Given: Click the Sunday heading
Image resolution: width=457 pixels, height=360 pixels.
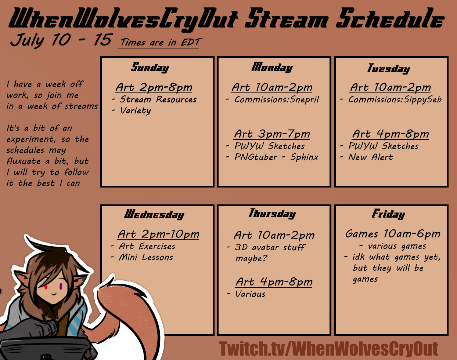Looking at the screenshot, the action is click(x=150, y=68).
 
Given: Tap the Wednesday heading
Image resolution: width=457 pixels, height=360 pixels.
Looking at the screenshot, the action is click(x=154, y=214).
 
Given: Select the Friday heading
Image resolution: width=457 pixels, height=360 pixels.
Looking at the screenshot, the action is click(x=388, y=214).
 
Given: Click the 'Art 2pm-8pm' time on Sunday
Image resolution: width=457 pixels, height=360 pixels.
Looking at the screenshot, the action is click(x=154, y=87).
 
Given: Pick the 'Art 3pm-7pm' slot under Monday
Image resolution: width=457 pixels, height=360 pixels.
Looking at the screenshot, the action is click(x=272, y=134).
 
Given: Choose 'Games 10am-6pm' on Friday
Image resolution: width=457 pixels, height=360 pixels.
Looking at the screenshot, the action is click(x=392, y=234).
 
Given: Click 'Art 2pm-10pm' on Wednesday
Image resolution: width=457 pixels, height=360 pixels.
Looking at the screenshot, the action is click(x=158, y=234).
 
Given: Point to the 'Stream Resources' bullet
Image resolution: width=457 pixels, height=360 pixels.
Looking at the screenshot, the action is click(x=158, y=99).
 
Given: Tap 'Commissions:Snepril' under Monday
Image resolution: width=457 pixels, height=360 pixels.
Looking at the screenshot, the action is click(x=277, y=100).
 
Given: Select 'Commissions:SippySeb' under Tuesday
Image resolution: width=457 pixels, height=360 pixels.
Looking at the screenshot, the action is click(x=395, y=100).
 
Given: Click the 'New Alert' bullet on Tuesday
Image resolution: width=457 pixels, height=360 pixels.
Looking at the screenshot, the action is click(x=371, y=157).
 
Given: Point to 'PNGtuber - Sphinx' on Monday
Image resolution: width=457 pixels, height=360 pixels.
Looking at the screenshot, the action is click(x=276, y=157).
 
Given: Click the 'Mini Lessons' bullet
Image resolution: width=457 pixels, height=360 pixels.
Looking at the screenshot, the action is click(x=146, y=257).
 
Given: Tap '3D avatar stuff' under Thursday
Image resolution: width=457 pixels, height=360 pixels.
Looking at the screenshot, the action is click(x=270, y=247).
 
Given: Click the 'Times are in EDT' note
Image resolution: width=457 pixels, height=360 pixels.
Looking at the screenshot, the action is click(x=159, y=42).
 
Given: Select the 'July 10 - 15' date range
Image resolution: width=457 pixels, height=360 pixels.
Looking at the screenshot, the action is click(x=61, y=40).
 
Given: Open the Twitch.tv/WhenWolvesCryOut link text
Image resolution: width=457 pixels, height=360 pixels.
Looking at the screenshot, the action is click(x=328, y=349).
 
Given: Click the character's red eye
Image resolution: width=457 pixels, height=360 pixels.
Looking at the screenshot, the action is click(x=46, y=287).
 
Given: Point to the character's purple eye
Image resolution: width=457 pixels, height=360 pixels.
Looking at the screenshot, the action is click(x=61, y=286).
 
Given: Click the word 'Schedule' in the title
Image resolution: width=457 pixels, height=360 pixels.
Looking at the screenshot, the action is click(x=390, y=18).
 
